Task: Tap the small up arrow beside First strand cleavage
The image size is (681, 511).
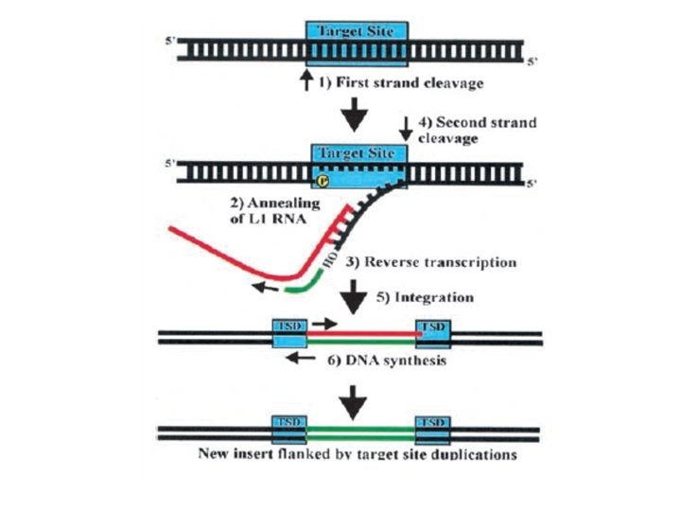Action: [x=306, y=83]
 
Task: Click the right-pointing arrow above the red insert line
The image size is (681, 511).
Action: [x=323, y=324]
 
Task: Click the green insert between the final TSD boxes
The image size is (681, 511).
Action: [x=359, y=433]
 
